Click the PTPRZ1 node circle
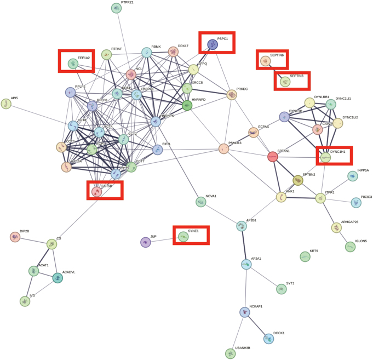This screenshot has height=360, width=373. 116,8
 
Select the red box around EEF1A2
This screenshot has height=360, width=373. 77,61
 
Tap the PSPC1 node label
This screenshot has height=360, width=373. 222,39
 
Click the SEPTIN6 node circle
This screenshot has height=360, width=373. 266,61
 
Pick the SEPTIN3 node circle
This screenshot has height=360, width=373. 284,82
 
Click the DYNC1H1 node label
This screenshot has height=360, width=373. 338,151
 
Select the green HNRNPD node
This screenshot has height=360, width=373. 187,106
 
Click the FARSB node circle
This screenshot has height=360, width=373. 96,192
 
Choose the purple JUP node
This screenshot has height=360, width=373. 145,242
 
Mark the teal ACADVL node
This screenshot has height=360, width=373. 58,278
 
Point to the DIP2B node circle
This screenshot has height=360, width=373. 15,237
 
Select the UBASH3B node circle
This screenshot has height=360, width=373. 231,354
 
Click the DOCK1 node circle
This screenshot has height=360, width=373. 268,339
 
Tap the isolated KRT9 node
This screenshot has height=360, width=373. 305,256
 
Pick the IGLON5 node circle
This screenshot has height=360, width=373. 350,247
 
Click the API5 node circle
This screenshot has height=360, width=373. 6,104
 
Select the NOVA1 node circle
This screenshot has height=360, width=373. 201,202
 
